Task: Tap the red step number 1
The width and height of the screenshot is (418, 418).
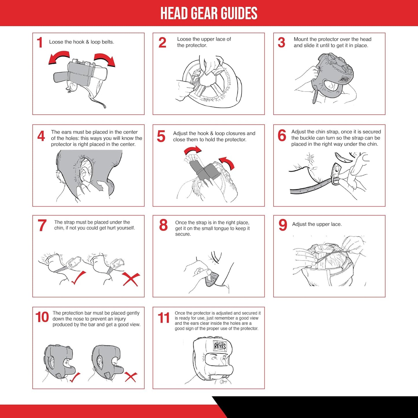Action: tap(40, 43)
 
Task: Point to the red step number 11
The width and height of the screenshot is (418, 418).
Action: tap(164, 318)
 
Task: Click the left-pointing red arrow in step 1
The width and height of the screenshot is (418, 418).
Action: tap(58, 57)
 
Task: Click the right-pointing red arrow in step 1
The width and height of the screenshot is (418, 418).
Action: tap(105, 59)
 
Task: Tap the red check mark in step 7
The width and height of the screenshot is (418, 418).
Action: tap(78, 278)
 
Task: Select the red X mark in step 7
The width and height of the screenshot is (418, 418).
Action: tap(131, 279)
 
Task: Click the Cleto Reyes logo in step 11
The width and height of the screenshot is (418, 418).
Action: tap(220, 346)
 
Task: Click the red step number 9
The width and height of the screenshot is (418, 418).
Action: tap(283, 225)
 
